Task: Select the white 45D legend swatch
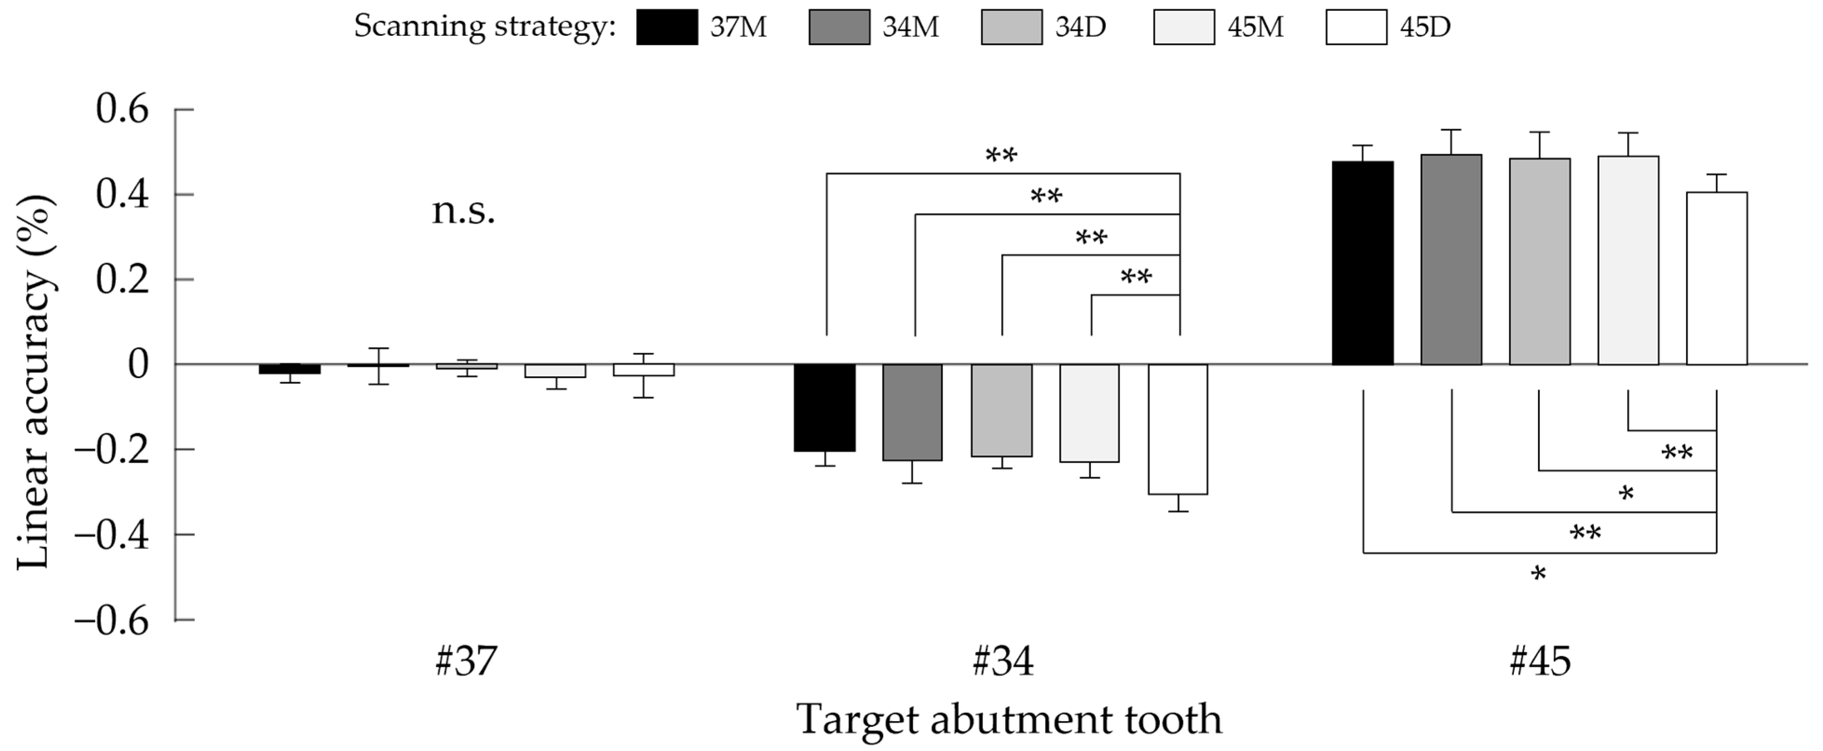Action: pos(1356,27)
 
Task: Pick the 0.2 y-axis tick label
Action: pos(122,280)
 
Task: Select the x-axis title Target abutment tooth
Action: pos(1009,719)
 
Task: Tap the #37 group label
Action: pos(466,662)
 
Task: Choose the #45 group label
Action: pos(1540,662)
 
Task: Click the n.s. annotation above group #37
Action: pos(463,211)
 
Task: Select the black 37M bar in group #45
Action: pos(1362,264)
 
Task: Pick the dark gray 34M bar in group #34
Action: pos(912,412)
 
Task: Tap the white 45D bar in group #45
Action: pos(1716,279)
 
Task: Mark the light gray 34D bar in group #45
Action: pos(1539,262)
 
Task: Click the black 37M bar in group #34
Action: pos(825,408)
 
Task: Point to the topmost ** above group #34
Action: pos(1001,156)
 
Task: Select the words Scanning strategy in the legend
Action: pos(485,27)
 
